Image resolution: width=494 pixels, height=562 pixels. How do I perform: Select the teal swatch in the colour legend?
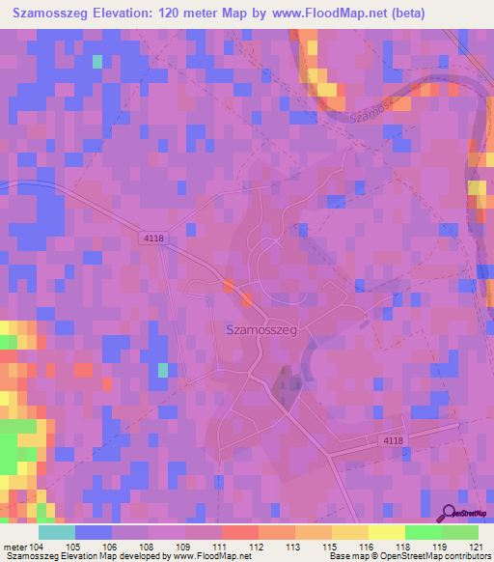pyautogui.click(x=57, y=532)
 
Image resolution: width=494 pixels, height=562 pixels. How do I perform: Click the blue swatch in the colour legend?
pyautogui.click(x=94, y=532)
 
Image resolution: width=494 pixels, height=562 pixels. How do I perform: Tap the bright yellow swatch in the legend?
pyautogui.click(x=386, y=532)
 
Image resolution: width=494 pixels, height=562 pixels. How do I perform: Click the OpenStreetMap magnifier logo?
pyautogui.click(x=449, y=513)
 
